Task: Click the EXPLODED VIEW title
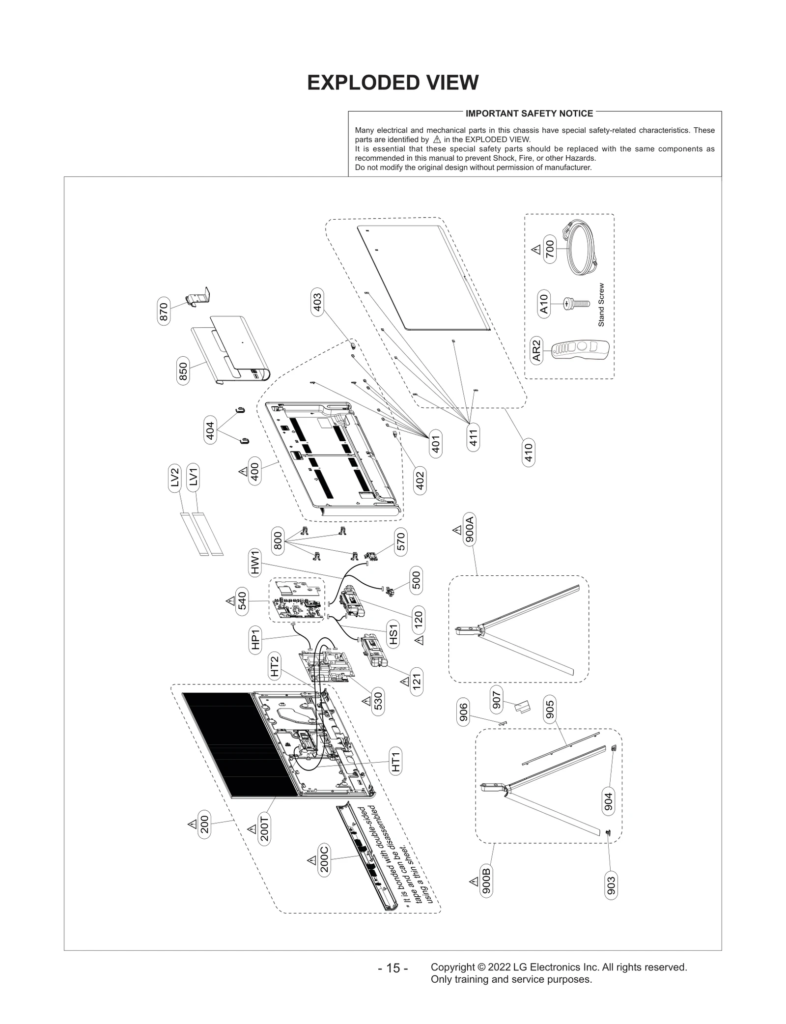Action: (393, 83)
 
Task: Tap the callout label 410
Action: (528, 453)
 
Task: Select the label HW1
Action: (255, 563)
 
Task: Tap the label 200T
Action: (264, 828)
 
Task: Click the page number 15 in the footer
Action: (393, 968)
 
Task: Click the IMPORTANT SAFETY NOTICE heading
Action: (529, 114)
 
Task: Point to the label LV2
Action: (174, 477)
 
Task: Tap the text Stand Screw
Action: (601, 305)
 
